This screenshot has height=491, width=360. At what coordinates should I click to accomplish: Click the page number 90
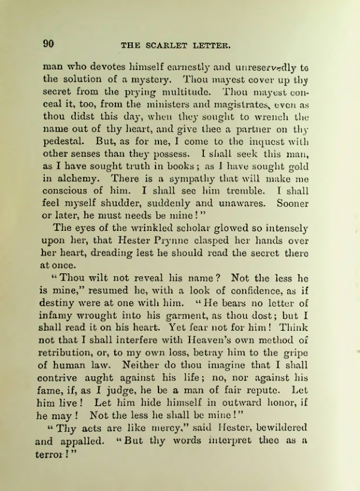[x=48, y=43]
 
